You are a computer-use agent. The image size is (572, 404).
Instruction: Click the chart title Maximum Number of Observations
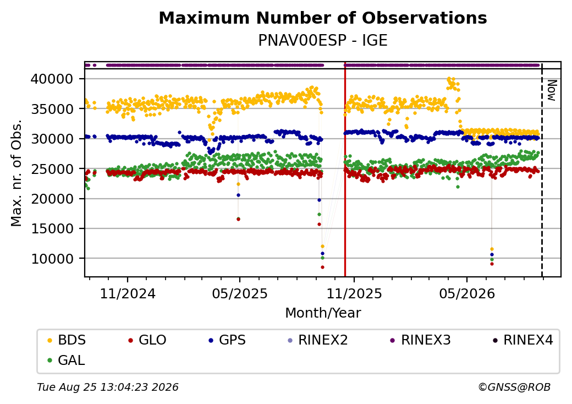point(323,18)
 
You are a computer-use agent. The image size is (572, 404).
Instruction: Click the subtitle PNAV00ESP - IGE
point(323,41)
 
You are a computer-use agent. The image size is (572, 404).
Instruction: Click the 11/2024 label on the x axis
point(128,294)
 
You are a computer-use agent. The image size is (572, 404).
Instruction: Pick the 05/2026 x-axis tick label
point(467,294)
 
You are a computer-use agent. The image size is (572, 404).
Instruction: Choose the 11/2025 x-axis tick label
point(354,294)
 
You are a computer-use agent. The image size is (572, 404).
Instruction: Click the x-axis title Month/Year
point(323,313)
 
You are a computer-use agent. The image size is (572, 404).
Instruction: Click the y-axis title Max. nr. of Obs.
point(16,173)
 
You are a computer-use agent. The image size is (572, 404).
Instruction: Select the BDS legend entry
point(67,340)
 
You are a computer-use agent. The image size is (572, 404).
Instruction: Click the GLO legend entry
point(147,340)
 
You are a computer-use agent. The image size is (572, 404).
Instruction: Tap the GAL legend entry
point(67,360)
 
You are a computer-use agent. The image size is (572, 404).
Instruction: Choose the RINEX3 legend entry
point(421,340)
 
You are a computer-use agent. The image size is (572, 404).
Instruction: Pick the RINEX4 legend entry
point(522,340)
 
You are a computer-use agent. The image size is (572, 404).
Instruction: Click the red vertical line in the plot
point(345,170)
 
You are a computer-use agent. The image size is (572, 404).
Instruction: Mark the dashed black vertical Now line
point(542,170)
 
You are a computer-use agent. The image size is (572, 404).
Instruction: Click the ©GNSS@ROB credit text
point(514,387)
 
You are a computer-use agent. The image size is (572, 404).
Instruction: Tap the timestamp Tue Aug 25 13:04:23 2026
point(108,387)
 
